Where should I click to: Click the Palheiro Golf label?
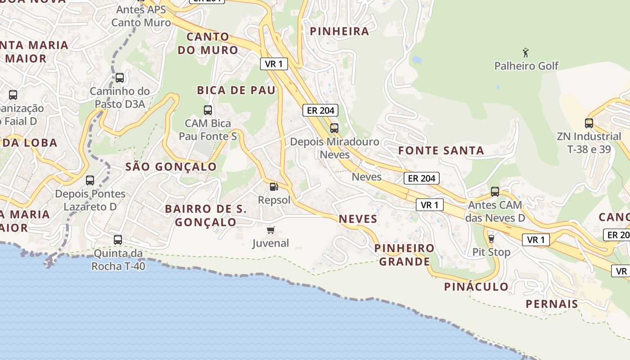(x=526, y=66)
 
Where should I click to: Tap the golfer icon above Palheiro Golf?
(x=525, y=53)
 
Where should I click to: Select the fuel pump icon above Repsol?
(x=273, y=186)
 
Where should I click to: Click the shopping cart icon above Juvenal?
(x=270, y=230)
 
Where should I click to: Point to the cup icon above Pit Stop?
(x=491, y=238)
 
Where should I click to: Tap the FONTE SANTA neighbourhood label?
(x=441, y=151)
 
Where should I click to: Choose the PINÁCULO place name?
(x=476, y=287)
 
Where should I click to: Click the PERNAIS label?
(x=552, y=304)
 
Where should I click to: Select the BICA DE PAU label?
(x=236, y=90)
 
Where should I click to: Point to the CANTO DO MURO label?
(x=207, y=43)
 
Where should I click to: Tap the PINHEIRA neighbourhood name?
(x=340, y=31)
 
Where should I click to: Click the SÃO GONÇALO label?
(x=171, y=167)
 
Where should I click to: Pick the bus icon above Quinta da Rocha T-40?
(x=118, y=240)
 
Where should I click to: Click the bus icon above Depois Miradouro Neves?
(x=334, y=128)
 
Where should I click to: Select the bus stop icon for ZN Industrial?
(x=589, y=123)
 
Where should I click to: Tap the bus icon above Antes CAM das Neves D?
(x=495, y=192)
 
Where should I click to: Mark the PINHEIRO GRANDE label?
(x=404, y=255)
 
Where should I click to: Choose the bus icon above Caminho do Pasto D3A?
(x=119, y=77)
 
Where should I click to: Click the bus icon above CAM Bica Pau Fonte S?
(x=207, y=110)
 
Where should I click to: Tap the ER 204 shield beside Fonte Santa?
(x=421, y=178)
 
